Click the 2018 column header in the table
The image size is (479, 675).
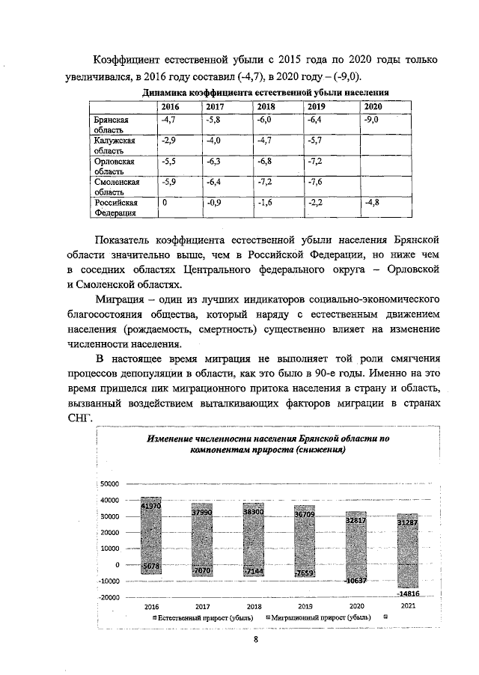266,107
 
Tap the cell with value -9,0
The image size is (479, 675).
371,119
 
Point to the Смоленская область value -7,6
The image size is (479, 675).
316,182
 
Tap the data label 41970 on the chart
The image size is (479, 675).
150,506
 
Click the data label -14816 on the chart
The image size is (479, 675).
404,593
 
